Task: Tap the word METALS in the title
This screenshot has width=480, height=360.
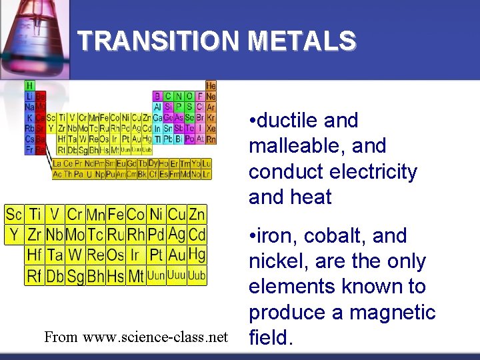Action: [302, 41]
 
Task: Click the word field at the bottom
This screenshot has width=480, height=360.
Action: [269, 338]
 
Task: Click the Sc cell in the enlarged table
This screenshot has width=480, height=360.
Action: [14, 215]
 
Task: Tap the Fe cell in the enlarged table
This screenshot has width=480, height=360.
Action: [116, 215]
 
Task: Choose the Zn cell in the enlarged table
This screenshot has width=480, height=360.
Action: [197, 215]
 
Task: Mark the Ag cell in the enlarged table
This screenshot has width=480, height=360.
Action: [177, 235]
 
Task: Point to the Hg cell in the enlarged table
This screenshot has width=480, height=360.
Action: [197, 255]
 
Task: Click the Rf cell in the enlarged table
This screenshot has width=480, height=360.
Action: [34, 275]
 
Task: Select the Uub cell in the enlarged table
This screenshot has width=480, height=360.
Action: [197, 275]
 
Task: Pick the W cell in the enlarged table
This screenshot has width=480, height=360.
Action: [75, 255]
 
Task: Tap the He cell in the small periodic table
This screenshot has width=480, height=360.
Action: [211, 86]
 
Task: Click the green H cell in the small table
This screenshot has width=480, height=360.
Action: [30, 86]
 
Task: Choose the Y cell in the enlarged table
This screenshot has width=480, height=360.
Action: [14, 235]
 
